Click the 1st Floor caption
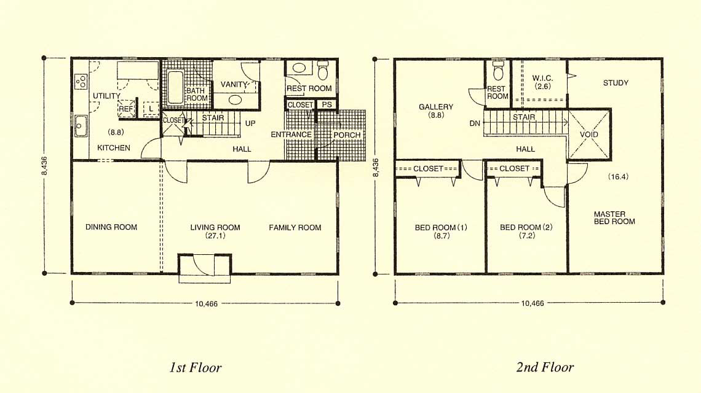tap(196, 368)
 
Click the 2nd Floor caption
tap(545, 367)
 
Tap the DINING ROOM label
tap(111, 227)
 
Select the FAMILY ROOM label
tap(295, 227)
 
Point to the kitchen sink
tap(81, 125)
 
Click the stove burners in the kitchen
tap(81, 81)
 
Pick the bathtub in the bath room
tap(175, 88)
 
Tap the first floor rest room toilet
tap(323, 71)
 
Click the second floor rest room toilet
tap(498, 71)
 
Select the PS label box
tap(327, 104)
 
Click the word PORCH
tap(347, 135)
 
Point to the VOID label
tap(589, 134)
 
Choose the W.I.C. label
tap(542, 78)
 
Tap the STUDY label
tap(616, 83)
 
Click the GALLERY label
tap(436, 107)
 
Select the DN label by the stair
tap(475, 123)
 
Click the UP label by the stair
tap(250, 123)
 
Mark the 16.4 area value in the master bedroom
tap(618, 176)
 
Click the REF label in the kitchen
tap(125, 109)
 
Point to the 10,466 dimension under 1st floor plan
tap(206, 304)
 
